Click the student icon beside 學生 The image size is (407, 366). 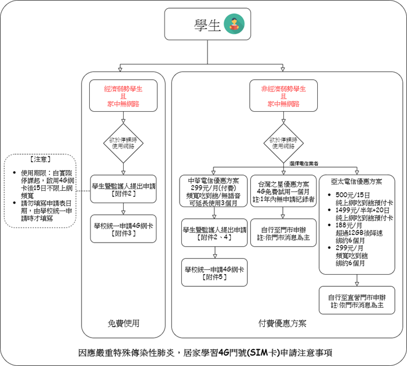pos(234,25)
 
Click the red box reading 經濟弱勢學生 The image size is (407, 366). pos(123,95)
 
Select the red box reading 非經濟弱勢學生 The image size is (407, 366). pos(283,95)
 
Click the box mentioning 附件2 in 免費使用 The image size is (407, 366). pos(123,189)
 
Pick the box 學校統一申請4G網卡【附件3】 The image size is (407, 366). pos(123,229)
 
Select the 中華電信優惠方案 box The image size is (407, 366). pos(213,191)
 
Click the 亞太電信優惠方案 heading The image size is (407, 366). pos(356,181)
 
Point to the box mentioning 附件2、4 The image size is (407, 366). pos(213,233)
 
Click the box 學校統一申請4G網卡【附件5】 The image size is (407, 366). pos(213,273)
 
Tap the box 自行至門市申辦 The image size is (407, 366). pos(283,233)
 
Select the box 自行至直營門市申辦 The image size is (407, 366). pos(356,301)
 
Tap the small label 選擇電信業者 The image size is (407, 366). pos(304,165)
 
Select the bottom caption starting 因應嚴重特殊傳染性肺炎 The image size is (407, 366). pos(205,353)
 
